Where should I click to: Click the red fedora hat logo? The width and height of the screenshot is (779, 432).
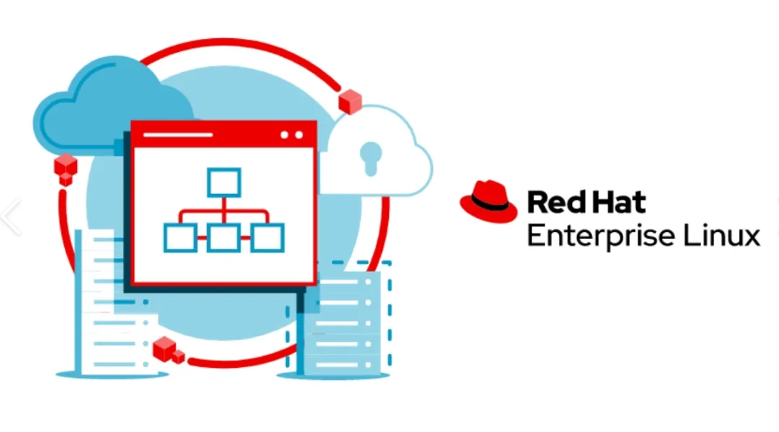click(488, 202)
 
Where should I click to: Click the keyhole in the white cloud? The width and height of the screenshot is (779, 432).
click(371, 157)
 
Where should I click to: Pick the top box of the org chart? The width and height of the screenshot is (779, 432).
click(224, 182)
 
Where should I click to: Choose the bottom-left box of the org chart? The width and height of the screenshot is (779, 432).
click(180, 237)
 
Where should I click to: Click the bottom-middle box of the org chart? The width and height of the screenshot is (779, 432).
click(224, 237)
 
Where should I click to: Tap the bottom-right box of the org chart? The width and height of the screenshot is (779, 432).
click(268, 237)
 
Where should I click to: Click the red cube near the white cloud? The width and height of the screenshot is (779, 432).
click(350, 102)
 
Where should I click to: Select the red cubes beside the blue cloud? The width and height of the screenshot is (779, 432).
click(66, 169)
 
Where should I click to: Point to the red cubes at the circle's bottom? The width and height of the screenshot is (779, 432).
click(168, 351)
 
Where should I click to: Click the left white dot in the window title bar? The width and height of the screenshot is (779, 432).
click(285, 135)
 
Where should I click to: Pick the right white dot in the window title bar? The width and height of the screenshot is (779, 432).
click(299, 135)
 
